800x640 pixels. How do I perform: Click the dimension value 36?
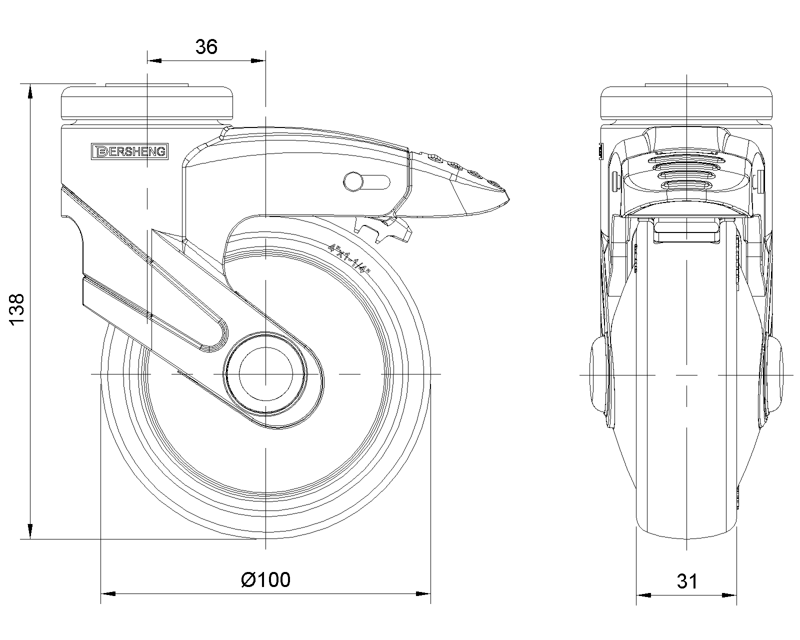click(206, 47)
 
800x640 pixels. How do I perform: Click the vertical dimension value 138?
click(16, 310)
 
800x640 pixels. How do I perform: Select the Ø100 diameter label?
click(265, 579)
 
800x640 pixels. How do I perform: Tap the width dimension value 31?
click(687, 581)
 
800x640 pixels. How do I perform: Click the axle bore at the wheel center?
click(265, 373)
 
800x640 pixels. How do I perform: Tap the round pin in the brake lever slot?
click(352, 181)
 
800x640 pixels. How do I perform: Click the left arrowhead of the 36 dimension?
click(154, 61)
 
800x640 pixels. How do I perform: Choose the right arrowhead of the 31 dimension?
click(730, 595)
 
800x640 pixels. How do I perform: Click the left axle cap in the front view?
click(600, 373)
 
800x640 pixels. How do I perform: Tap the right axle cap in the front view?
click(774, 373)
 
